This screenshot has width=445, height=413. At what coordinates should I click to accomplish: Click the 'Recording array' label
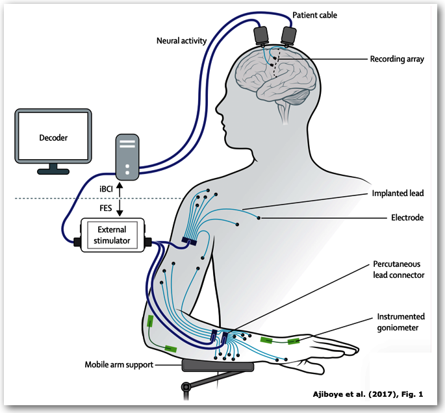[x=397, y=59]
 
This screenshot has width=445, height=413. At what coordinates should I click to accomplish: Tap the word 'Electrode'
[x=407, y=218]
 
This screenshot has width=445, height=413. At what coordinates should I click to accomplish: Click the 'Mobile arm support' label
[x=119, y=365]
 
